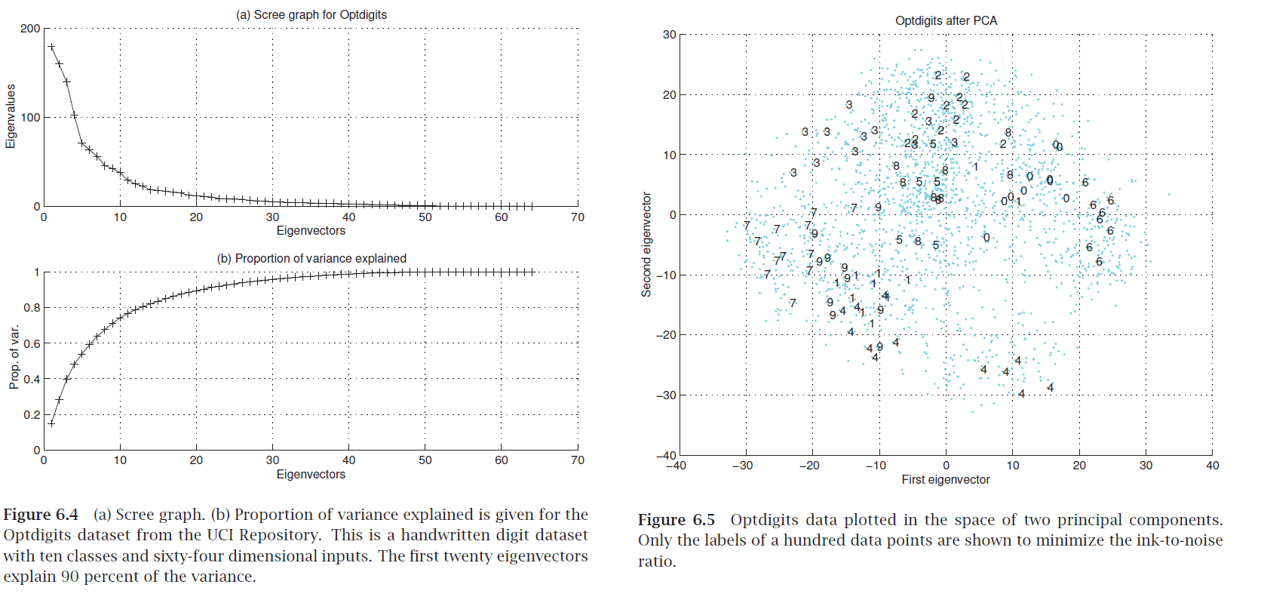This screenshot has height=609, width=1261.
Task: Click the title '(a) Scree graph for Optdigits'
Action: tap(311, 14)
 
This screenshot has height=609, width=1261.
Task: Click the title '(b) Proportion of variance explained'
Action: tap(311, 258)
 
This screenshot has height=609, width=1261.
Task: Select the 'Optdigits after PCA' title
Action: tap(946, 20)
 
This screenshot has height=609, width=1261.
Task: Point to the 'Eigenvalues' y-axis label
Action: tap(11, 116)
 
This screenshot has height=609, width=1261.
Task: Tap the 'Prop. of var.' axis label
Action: tap(14, 358)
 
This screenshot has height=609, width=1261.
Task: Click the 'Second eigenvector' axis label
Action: tap(646, 245)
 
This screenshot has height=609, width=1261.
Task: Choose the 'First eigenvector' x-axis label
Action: tap(946, 479)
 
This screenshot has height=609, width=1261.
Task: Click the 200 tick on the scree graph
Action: tap(30, 29)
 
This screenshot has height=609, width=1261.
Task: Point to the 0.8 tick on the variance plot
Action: tap(32, 308)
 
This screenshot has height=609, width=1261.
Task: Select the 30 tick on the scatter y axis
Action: tap(669, 35)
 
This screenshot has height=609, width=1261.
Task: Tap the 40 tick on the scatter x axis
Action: tap(1212, 466)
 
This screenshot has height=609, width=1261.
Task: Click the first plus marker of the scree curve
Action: tap(51, 47)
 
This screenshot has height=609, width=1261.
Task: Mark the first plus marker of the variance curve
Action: tap(51, 423)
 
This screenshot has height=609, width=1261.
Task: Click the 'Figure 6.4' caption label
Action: tap(41, 515)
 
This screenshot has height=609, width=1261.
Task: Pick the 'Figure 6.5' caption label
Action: tap(676, 520)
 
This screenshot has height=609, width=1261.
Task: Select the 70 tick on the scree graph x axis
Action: tap(577, 217)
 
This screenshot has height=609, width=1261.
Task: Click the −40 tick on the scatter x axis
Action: tap(676, 466)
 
